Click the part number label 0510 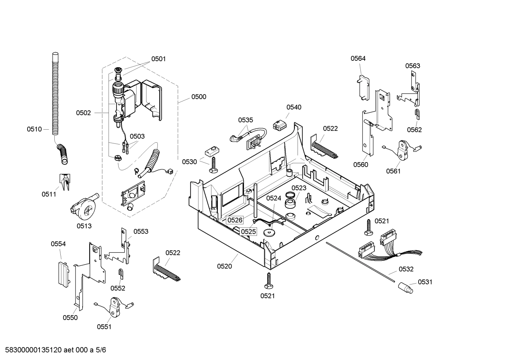click(34, 129)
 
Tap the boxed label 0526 click(235, 220)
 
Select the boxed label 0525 click(248, 232)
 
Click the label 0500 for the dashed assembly click(199, 97)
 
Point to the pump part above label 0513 click(84, 207)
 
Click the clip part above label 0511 click(64, 181)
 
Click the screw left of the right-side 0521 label click(369, 227)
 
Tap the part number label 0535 click(245, 120)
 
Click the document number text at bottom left click(53, 350)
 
